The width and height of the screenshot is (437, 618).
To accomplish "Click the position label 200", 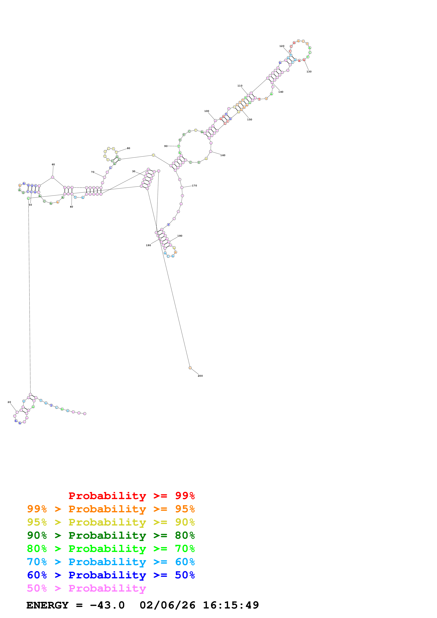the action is tap(200, 376).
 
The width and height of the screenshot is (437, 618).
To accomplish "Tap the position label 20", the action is tap(9, 402).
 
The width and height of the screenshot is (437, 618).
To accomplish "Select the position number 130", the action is tap(309, 72).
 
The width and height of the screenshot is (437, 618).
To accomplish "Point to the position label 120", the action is tap(282, 46).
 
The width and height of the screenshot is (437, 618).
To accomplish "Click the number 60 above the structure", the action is tap(53, 165).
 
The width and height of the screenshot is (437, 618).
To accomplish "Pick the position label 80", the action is tap(129, 148).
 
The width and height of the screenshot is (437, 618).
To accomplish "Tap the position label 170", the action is tap(194, 186).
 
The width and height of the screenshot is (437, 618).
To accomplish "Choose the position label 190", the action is tap(148, 245).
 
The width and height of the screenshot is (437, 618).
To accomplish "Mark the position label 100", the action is tap(207, 111).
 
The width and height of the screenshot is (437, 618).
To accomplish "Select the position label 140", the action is tap(281, 92).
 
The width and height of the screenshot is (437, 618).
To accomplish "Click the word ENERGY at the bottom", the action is tap(47, 605).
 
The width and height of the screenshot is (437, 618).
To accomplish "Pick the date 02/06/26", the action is tap(167, 605).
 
